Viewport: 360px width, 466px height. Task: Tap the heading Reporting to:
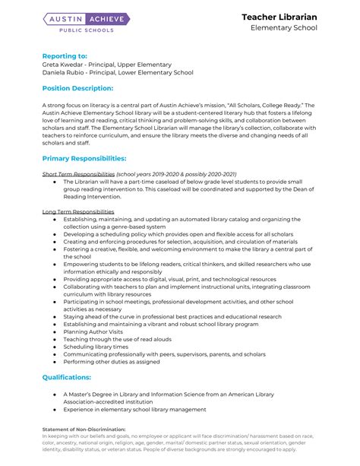pyautogui.click(x=65, y=55)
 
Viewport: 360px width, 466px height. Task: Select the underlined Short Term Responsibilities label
pyautogui.click(x=77, y=174)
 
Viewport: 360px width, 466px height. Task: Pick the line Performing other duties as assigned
pyautogui.click(x=112, y=362)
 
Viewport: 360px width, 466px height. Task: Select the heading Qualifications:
pyautogui.click(x=67, y=377)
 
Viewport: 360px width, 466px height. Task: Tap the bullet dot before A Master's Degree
pyautogui.click(x=55, y=395)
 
